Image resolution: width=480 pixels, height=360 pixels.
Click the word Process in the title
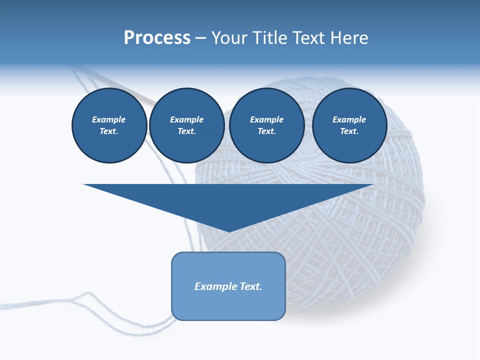point(157,38)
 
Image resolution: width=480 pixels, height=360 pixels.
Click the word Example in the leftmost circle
point(109,119)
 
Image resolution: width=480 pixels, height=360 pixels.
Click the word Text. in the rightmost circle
point(349,131)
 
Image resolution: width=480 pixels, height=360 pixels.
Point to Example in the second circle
point(186,119)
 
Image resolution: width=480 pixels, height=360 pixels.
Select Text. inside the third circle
point(266,131)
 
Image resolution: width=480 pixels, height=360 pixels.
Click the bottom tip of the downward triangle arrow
point(228,230)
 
